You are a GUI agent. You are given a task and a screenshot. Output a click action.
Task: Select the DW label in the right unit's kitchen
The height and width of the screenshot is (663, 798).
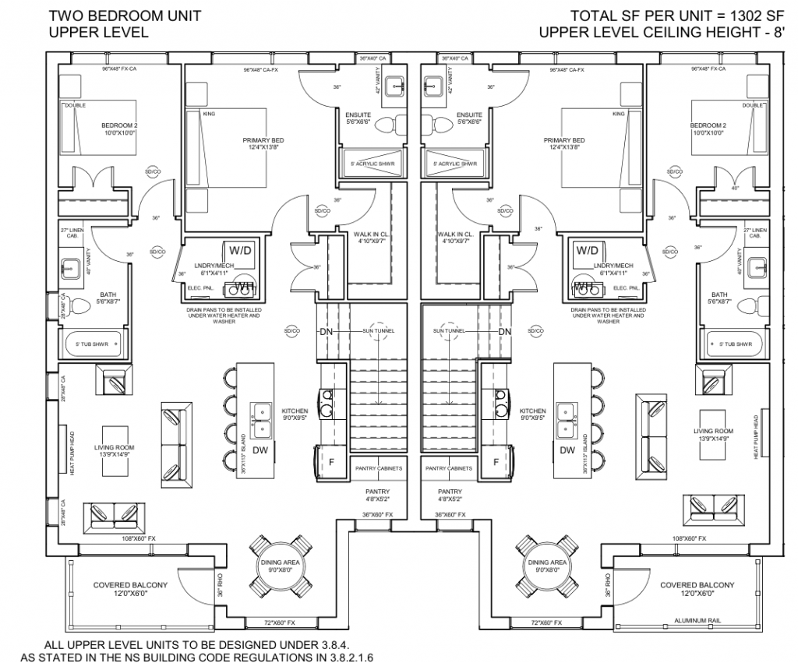567,450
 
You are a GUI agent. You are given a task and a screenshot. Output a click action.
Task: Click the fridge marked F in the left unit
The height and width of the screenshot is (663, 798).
331,462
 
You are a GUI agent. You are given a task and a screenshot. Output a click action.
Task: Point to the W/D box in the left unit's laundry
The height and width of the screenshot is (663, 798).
238,251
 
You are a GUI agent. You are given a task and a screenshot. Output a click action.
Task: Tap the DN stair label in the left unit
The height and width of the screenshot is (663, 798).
326,331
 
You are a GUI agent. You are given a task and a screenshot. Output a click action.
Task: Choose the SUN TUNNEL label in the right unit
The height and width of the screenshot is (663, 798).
450,331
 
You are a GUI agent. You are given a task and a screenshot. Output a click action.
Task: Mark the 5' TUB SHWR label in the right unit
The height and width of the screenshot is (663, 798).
735,344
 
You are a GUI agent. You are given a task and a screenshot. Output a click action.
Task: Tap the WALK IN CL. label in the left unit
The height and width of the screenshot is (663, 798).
370,234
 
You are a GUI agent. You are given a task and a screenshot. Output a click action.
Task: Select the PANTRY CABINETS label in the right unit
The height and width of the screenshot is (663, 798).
450,468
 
